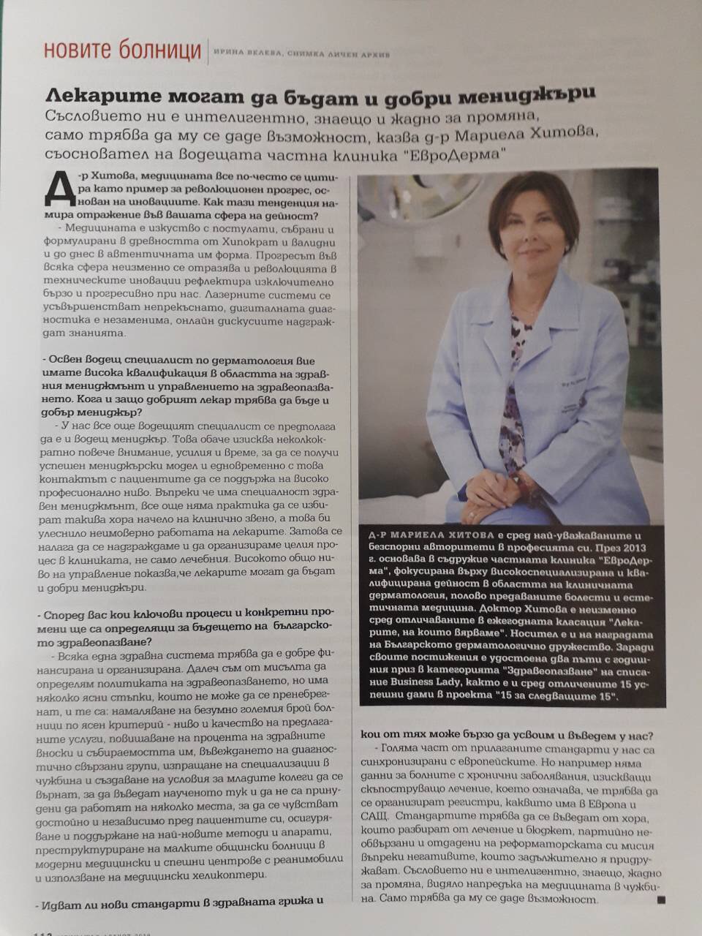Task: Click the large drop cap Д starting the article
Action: coord(58,192)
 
